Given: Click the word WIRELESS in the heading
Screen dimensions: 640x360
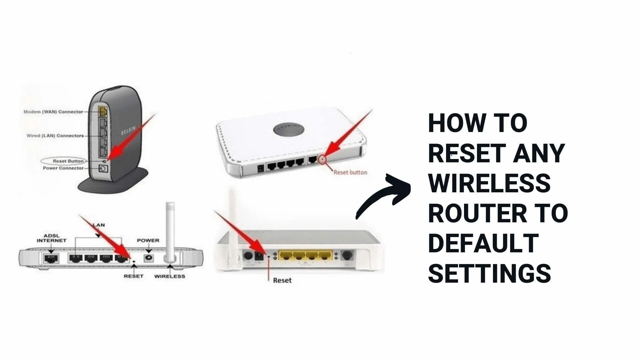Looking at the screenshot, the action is click(x=489, y=183).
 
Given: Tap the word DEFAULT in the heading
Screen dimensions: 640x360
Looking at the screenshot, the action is click(x=483, y=243).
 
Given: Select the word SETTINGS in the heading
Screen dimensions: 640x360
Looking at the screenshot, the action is click(x=489, y=273).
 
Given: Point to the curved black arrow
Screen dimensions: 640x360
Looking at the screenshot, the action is click(x=383, y=197).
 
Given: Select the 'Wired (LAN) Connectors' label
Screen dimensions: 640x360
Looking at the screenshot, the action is click(x=55, y=136).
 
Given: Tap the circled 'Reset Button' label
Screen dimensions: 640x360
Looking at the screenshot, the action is click(x=68, y=161).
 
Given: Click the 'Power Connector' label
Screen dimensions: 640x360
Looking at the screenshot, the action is click(x=63, y=168).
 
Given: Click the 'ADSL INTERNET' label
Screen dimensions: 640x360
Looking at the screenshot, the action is click(x=51, y=238).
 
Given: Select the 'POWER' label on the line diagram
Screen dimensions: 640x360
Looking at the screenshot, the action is click(x=148, y=240).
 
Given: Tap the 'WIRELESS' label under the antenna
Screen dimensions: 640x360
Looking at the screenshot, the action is click(x=169, y=276).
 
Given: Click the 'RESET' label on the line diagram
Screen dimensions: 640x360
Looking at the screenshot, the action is click(x=133, y=276).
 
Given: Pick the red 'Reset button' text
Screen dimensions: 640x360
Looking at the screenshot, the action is click(x=350, y=172).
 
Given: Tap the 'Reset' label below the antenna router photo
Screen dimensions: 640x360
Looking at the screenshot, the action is click(x=282, y=280).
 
